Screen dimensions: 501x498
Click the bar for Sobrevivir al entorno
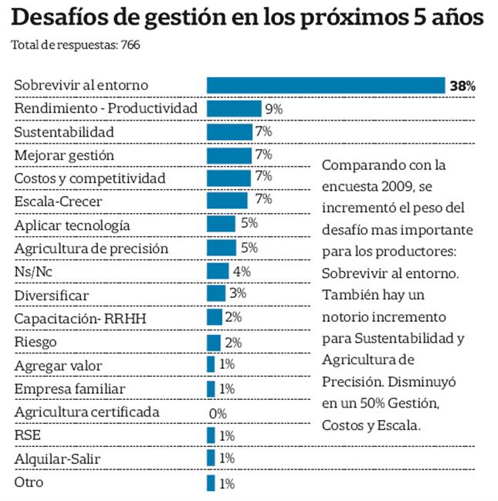(x=325, y=85)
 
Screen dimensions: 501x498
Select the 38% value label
(x=462, y=86)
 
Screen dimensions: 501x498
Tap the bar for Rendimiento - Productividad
(x=234, y=108)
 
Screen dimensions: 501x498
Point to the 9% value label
(x=273, y=109)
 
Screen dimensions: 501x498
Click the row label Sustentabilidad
(x=64, y=132)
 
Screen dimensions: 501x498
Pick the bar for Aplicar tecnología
(x=221, y=225)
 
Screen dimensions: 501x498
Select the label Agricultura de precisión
(x=91, y=249)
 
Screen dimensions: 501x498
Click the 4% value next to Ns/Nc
(x=241, y=272)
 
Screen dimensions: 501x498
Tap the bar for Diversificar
(x=215, y=295)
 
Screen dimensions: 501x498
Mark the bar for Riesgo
(x=214, y=342)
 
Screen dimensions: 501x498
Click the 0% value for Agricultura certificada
(x=218, y=413)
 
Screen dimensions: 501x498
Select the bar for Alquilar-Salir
(x=211, y=459)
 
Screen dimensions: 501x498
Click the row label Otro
(x=29, y=482)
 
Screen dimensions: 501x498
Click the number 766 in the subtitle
(x=129, y=46)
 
